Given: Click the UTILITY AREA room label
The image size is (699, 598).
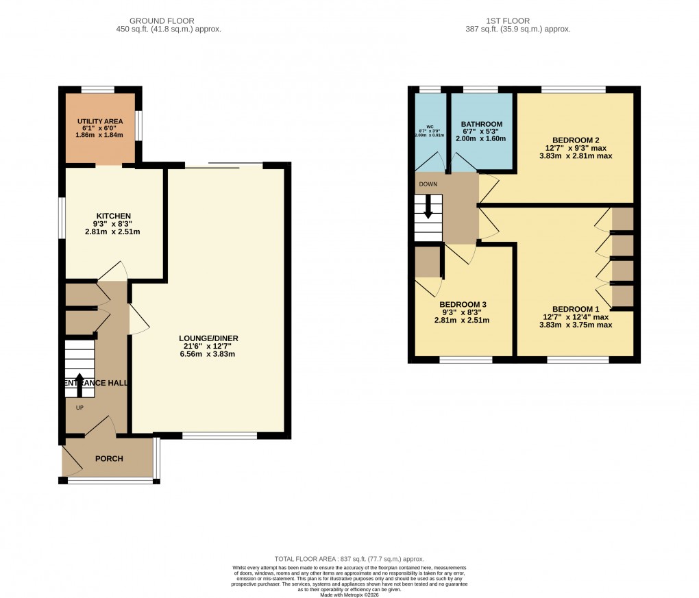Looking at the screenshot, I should point(100,121).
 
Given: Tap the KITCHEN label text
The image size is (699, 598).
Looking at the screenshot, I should point(113,216).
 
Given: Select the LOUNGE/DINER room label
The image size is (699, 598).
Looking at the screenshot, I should point(208,338).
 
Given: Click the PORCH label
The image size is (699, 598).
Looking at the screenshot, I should point(109,458).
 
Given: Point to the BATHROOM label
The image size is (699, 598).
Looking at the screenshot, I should point(481,124).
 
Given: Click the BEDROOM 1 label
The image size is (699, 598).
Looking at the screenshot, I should point(576,308).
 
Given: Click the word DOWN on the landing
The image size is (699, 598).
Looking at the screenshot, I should point(428,184).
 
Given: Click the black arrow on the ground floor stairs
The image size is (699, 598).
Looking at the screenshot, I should point(79,385).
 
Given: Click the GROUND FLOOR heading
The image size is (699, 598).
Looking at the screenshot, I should point(169,21).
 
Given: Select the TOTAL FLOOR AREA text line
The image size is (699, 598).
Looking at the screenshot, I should point(349,559).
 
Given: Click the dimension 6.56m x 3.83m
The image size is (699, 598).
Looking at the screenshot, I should point(208,355).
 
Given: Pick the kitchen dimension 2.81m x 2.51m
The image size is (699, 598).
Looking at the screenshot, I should point(113,231).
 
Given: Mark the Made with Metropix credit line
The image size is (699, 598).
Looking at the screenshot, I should point(349,594).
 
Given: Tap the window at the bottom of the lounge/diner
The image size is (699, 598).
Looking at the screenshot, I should point(219,435).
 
